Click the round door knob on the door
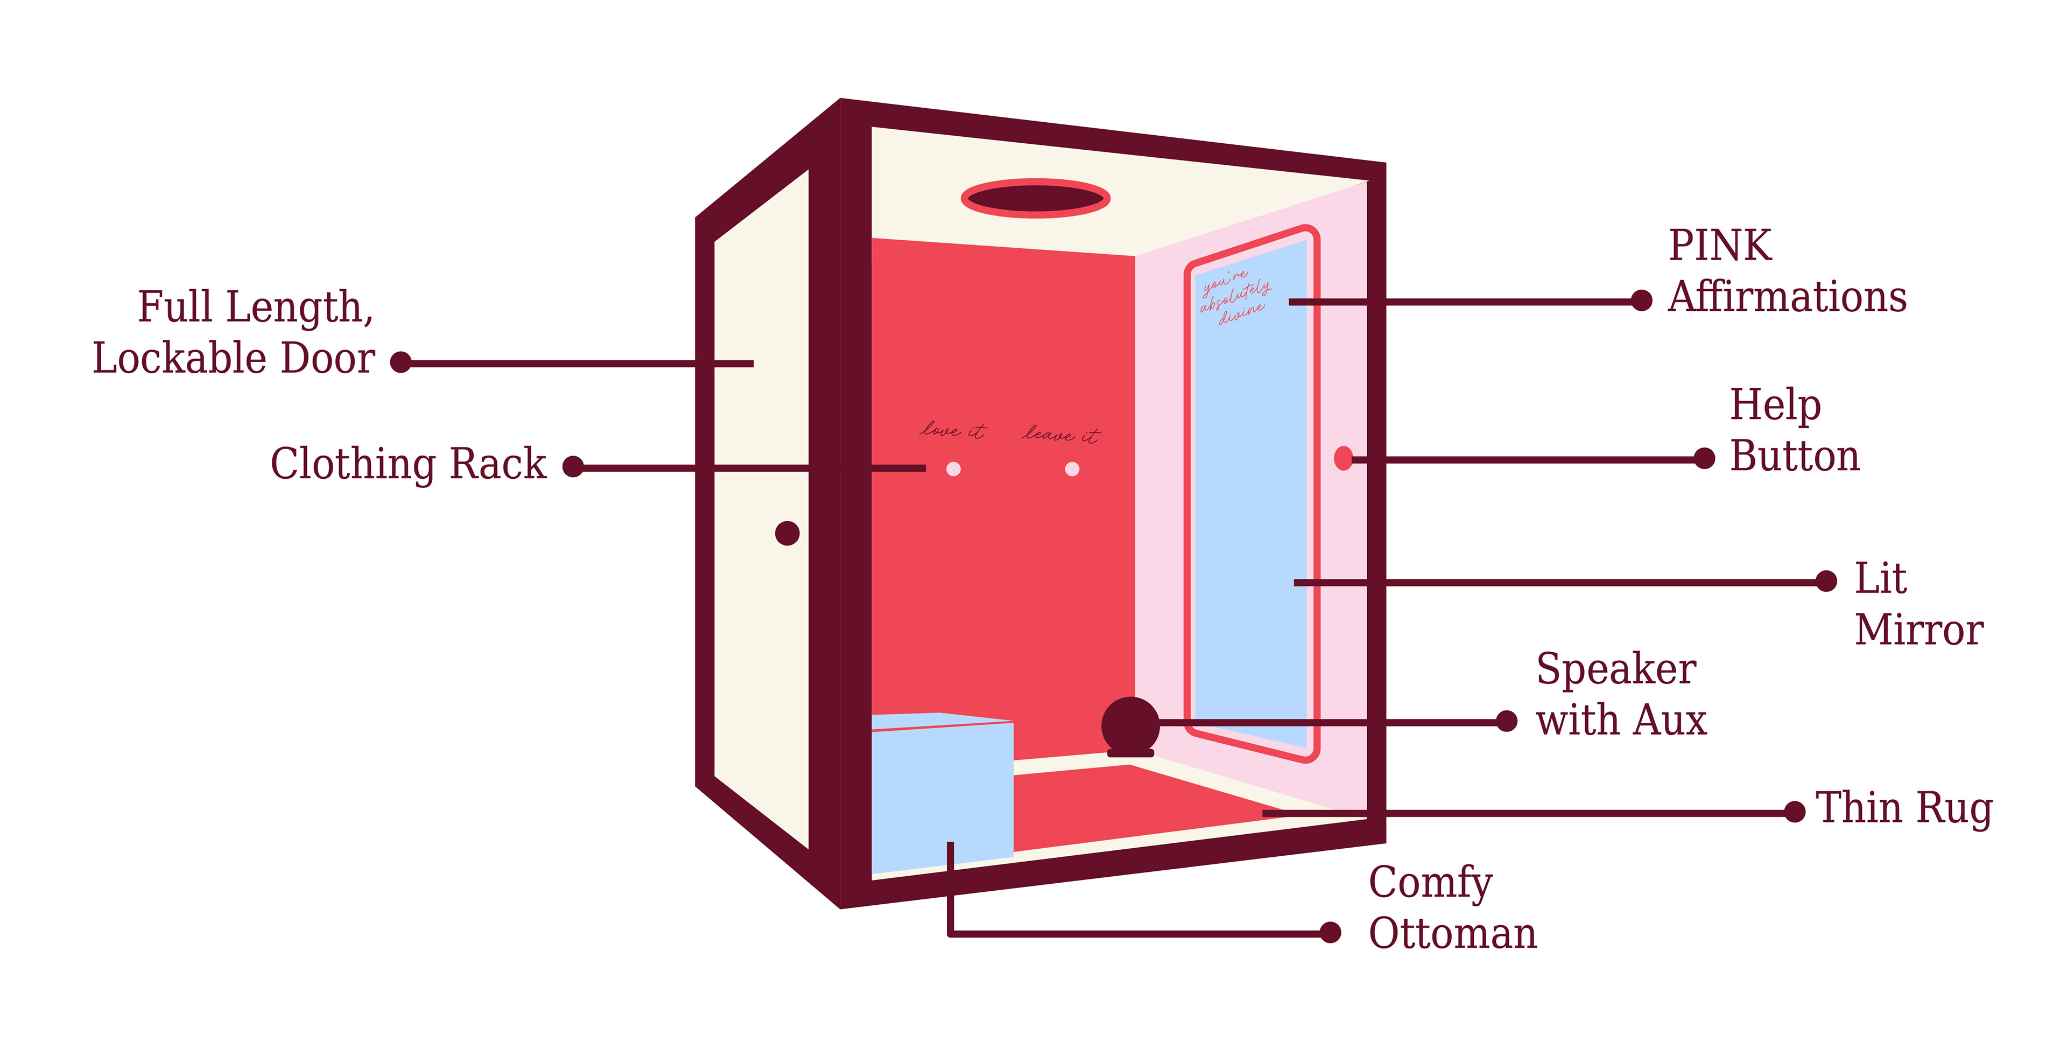(x=787, y=533)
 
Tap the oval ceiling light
(x=1035, y=198)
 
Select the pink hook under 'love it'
(x=953, y=469)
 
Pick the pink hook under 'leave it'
(x=1072, y=469)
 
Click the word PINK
(x=1720, y=246)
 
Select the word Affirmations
(x=1787, y=297)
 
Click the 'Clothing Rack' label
(x=407, y=464)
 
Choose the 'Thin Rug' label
(x=1903, y=808)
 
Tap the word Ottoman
(x=1452, y=933)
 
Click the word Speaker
(x=1615, y=669)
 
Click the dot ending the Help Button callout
(x=1704, y=458)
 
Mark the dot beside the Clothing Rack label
(x=573, y=466)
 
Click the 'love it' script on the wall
(x=952, y=430)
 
